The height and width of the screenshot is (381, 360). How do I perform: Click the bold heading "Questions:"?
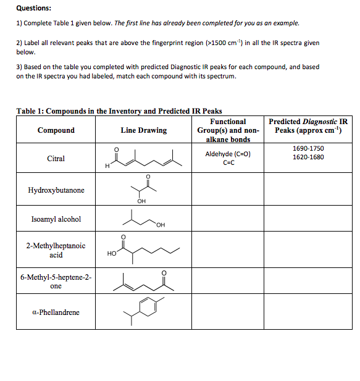click(34, 8)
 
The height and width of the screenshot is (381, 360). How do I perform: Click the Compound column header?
click(56, 130)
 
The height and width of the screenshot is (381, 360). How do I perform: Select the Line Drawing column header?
click(143, 130)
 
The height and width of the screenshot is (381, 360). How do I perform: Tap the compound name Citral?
click(56, 159)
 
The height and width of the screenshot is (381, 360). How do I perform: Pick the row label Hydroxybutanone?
click(56, 190)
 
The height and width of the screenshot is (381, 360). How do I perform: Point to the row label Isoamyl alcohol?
click(56, 219)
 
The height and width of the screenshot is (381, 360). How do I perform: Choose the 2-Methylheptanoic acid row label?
click(56, 250)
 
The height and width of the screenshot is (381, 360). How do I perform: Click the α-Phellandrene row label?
click(56, 312)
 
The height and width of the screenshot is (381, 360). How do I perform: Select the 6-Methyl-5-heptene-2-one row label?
click(56, 282)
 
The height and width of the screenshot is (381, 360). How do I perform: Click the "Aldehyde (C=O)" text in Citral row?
click(228, 154)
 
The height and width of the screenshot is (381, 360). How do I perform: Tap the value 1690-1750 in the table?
click(308, 149)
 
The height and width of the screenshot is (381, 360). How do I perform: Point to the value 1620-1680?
click(308, 157)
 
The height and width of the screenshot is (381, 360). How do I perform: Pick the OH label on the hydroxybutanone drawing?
click(142, 201)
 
